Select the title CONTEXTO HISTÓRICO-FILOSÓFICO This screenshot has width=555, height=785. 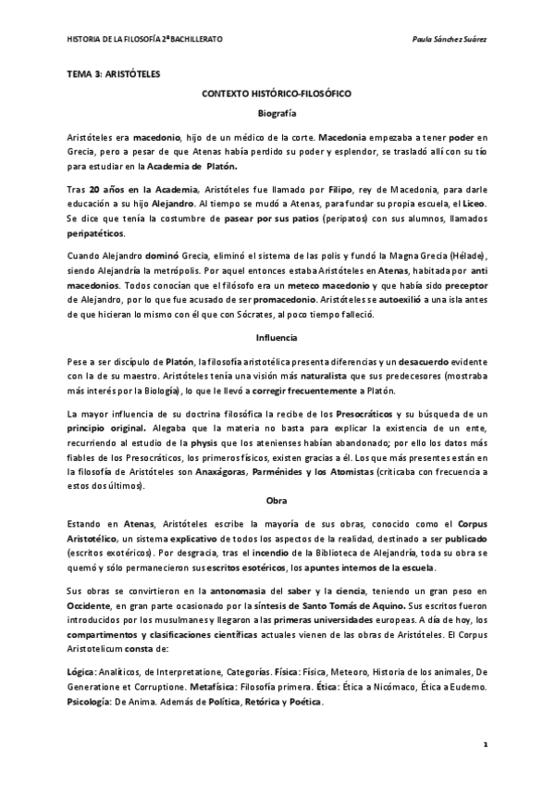(277, 93)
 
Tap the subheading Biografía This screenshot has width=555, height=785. (277, 113)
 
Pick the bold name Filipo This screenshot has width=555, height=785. (314, 189)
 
